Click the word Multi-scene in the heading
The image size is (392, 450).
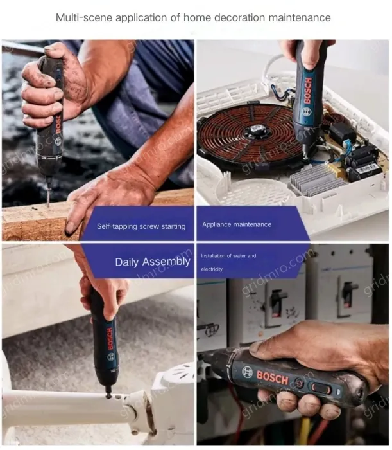84,18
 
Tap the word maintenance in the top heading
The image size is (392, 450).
300,18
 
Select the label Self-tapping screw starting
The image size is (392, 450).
141,226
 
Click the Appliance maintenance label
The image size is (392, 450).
237,224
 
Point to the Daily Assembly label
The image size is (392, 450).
153,262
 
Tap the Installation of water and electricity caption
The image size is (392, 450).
228,262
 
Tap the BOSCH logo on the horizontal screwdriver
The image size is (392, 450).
272,377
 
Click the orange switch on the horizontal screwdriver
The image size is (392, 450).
321,388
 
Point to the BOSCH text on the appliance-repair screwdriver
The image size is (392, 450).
308,91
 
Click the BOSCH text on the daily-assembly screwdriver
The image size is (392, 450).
110,339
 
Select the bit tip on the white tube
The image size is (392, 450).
109,395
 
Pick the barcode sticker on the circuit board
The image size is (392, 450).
366,168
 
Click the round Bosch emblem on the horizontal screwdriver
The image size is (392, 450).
248,372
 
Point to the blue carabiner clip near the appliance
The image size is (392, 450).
276,88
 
